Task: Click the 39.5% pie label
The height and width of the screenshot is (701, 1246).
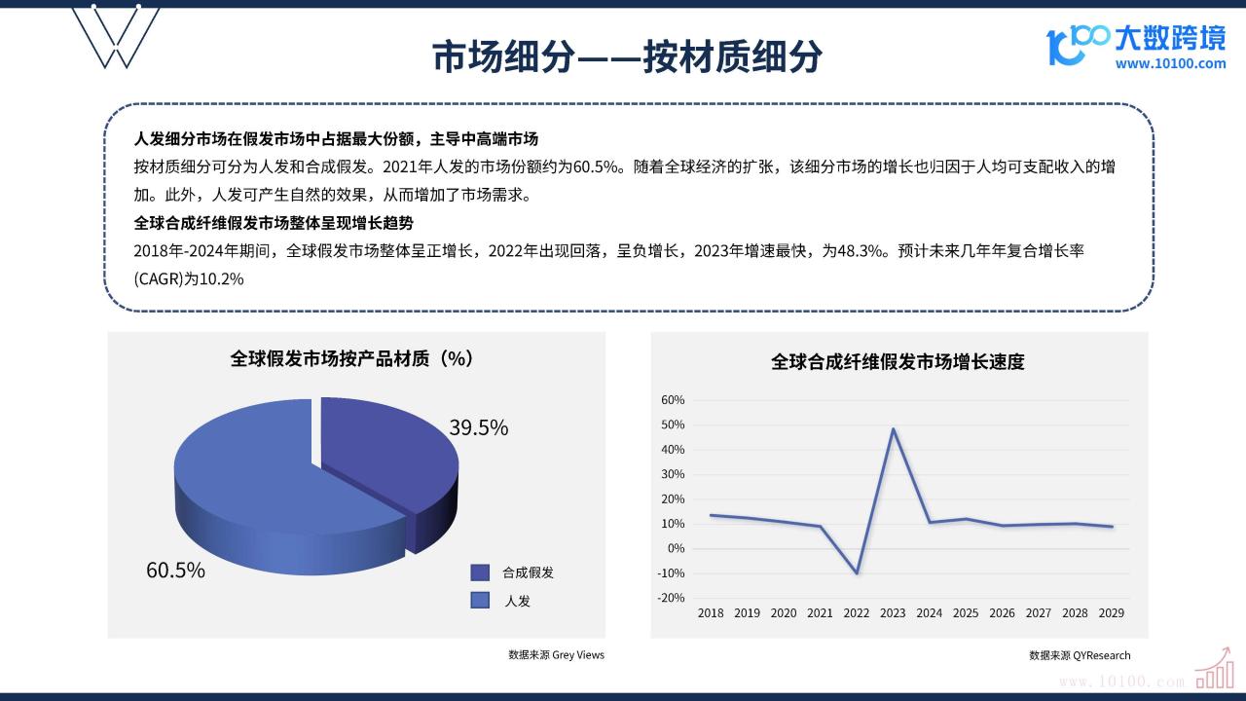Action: [x=478, y=427]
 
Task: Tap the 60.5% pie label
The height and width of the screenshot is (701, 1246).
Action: [x=175, y=570]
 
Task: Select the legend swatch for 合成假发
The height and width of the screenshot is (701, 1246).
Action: [x=480, y=572]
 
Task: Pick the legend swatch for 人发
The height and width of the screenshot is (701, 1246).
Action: [x=480, y=601]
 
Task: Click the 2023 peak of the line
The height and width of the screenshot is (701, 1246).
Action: [x=894, y=429]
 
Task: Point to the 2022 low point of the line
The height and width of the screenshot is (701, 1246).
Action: [x=857, y=572]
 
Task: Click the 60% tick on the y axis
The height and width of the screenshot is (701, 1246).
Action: [x=673, y=400]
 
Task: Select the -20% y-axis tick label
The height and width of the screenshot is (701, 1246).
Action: [x=671, y=598]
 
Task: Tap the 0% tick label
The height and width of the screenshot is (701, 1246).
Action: [x=676, y=548]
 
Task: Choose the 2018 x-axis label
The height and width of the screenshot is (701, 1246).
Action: [x=711, y=613]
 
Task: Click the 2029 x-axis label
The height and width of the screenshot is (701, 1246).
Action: [x=1112, y=613]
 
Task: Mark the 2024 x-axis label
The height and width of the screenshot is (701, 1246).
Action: [x=929, y=613]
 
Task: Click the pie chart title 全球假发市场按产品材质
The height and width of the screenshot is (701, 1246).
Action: [x=329, y=359]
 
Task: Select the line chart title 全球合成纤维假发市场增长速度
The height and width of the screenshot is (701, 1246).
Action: [x=898, y=362]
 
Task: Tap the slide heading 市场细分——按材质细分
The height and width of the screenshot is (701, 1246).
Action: [x=627, y=56]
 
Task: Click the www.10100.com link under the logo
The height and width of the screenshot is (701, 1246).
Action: [x=1170, y=64]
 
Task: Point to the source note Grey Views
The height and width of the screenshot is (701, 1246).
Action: [x=578, y=655]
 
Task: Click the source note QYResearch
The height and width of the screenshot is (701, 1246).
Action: [x=1101, y=655]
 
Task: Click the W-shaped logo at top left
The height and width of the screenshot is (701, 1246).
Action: [x=116, y=37]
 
